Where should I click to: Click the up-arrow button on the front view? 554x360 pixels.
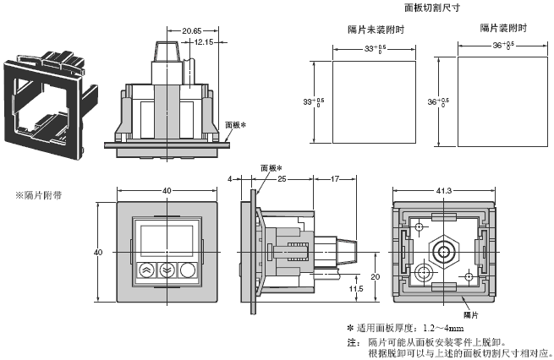click(145, 271)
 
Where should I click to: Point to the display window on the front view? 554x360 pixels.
click(165, 238)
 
